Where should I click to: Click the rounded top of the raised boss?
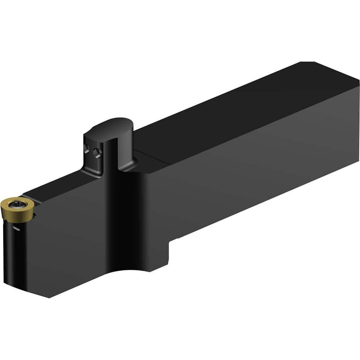(112, 124)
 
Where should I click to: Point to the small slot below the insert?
(16, 228)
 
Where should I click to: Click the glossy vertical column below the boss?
(122, 216)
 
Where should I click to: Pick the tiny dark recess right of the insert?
(35, 216)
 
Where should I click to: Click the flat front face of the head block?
(72, 245)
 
